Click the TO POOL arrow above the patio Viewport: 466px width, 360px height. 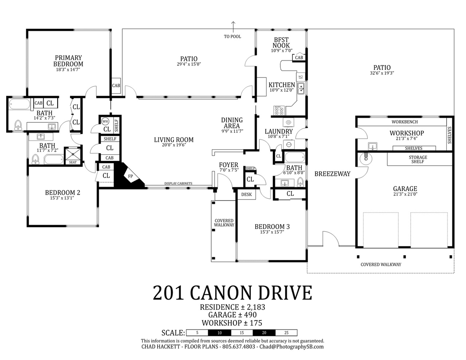point(233,27)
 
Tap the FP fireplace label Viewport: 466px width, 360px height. point(130,176)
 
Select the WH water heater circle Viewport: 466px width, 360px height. point(105,121)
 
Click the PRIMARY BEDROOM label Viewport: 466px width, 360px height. point(68,61)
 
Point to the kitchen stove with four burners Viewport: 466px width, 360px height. point(279,111)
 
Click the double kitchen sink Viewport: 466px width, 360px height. point(301,88)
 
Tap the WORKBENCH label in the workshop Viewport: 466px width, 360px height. point(405,122)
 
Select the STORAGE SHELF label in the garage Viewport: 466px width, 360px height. point(418,159)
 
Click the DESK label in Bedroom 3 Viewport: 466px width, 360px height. point(246,194)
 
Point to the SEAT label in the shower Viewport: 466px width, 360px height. point(73,162)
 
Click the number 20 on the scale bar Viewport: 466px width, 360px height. point(264,333)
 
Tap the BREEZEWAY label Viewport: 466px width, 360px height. point(332,174)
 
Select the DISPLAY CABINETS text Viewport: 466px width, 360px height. point(178,183)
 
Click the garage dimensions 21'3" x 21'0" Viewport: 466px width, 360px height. point(405,194)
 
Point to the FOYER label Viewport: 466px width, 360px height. point(229,165)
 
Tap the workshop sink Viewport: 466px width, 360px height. point(373,146)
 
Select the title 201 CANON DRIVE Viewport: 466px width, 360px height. point(232,293)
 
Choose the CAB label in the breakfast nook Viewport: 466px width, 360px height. point(299,58)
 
